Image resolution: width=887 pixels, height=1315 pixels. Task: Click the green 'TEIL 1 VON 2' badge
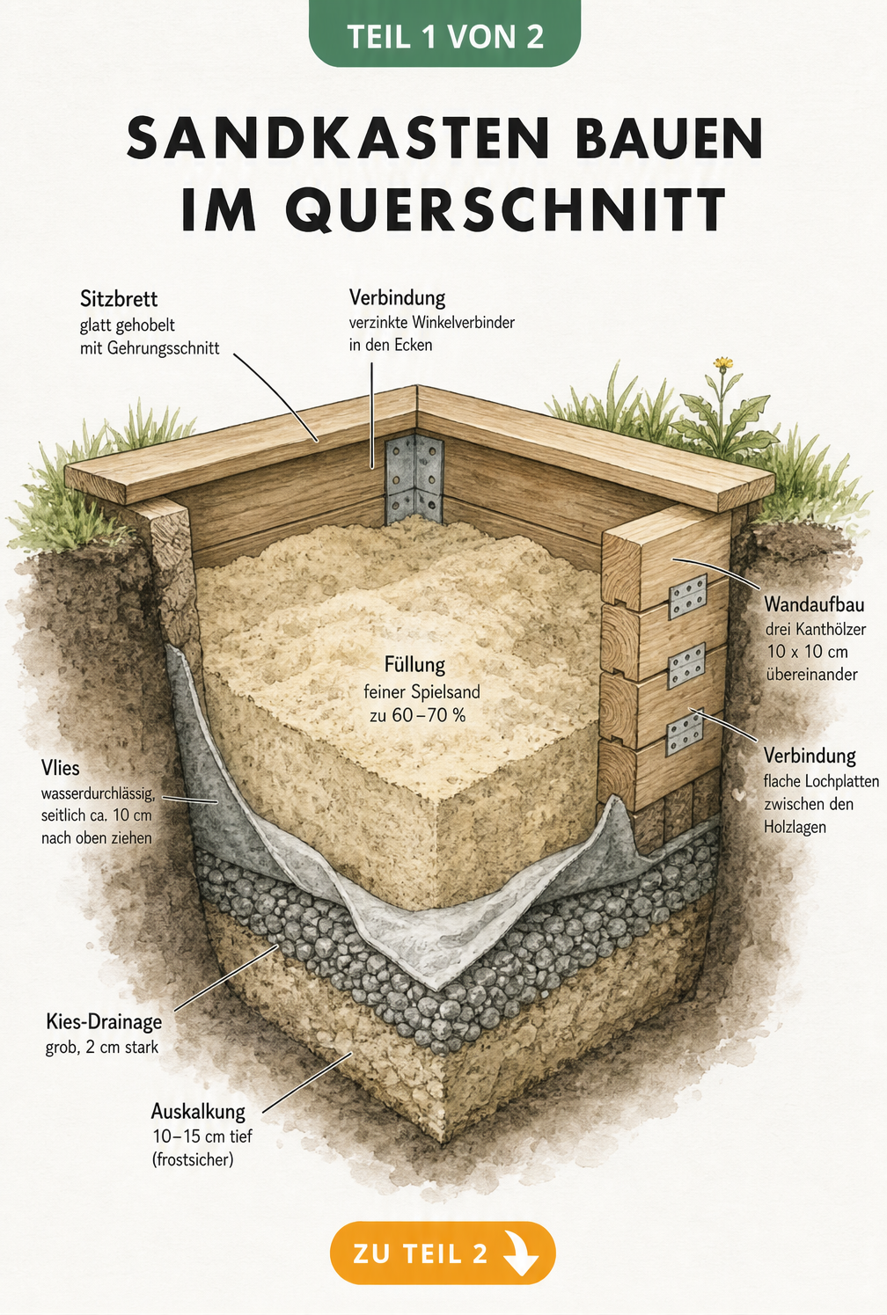point(444,34)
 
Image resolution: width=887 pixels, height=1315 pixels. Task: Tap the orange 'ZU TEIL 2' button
point(443,1253)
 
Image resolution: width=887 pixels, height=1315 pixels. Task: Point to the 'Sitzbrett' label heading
point(119,299)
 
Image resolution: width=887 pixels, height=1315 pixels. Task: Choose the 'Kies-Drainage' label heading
point(104,1022)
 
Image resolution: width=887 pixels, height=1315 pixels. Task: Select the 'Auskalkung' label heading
point(198,1111)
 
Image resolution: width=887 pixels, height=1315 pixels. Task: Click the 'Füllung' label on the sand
point(414,666)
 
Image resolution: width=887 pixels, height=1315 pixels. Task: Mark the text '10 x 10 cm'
point(808,652)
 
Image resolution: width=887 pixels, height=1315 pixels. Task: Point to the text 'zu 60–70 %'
point(418,715)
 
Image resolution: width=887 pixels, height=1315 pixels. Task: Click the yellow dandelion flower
point(723,363)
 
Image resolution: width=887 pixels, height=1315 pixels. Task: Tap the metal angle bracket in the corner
point(414,479)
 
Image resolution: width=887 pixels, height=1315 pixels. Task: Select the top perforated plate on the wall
point(688,597)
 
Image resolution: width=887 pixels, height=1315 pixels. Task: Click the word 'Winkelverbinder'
point(463,322)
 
